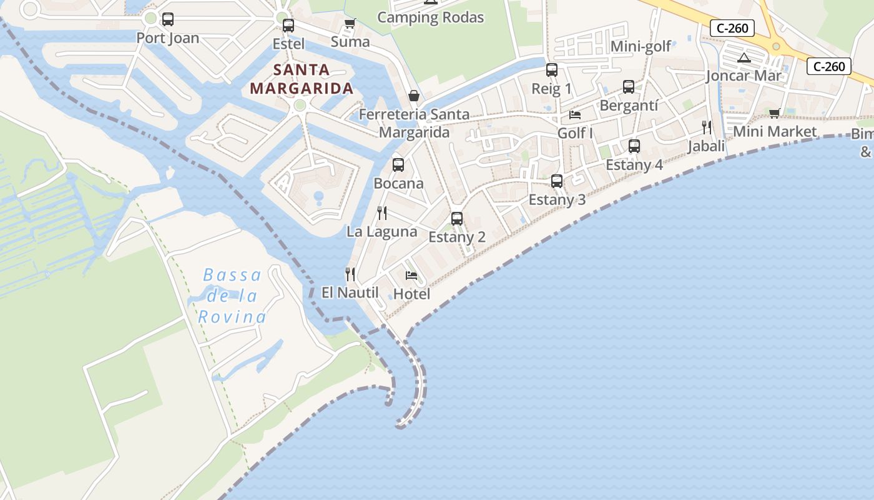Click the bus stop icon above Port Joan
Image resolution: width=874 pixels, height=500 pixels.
[168, 19]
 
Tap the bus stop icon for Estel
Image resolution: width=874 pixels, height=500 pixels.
[288, 26]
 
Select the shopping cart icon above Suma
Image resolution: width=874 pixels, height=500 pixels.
[350, 24]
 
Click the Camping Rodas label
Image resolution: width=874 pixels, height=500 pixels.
[431, 17]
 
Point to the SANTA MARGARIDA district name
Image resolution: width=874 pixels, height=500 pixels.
[302, 79]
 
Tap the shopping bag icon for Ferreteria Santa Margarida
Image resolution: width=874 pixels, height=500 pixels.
[413, 96]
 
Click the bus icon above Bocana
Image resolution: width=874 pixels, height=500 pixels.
[398, 165]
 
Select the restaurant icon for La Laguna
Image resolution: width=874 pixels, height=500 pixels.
[382, 213]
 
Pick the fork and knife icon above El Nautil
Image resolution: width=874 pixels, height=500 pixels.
[350, 274]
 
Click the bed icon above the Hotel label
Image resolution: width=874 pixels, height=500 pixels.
[411, 275]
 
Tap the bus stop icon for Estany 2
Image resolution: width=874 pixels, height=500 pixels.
[457, 219]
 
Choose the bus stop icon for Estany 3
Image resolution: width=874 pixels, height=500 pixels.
[557, 181]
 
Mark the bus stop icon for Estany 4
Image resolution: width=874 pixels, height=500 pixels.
[634, 146]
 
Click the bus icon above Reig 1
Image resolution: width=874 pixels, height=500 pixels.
[552, 70]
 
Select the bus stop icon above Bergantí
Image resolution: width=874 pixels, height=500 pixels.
[629, 87]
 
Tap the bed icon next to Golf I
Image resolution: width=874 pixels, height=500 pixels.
[575, 115]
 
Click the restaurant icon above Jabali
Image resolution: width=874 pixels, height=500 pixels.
[707, 127]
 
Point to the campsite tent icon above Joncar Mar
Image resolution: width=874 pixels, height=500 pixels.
[744, 58]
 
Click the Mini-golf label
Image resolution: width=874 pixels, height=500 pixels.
[641, 46]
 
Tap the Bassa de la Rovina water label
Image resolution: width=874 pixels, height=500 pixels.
[232, 296]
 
